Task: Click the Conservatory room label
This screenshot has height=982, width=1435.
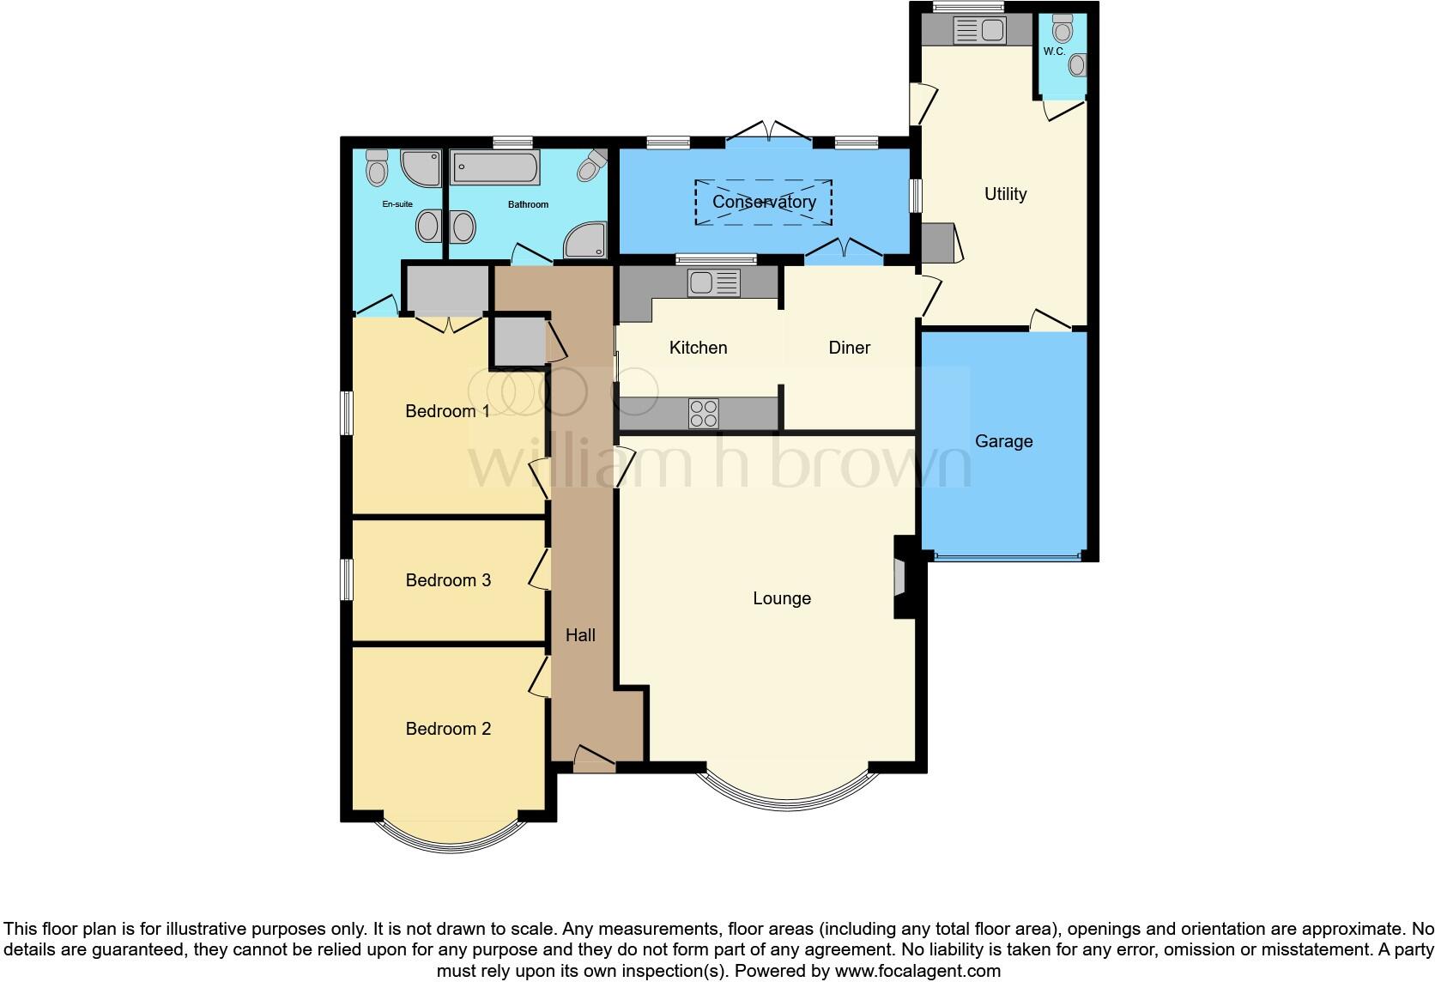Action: coord(764,203)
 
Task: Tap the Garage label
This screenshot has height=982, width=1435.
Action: coord(1003,441)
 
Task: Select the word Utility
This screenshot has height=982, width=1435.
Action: coord(1005,194)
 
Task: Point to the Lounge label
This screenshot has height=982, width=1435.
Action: coord(781,598)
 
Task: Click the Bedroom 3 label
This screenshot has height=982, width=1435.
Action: coord(448,580)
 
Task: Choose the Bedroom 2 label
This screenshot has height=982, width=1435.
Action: coord(448,729)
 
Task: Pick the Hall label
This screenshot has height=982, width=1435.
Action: coord(580,635)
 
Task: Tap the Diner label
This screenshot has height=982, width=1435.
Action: coord(849,348)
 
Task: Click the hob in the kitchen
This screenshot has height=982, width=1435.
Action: coord(703,414)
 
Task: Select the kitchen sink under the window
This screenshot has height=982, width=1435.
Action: coord(713,282)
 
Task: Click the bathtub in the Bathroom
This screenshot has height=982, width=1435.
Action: coord(495,167)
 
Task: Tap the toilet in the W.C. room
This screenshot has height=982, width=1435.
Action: coord(1063,31)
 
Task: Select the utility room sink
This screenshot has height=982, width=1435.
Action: coord(979,31)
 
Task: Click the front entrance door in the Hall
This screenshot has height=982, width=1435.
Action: coord(594,759)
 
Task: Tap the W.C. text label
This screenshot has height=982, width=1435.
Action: coord(1054,52)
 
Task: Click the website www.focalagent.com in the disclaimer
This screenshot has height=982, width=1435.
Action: coord(917,972)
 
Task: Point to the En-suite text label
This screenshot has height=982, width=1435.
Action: coord(397,204)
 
